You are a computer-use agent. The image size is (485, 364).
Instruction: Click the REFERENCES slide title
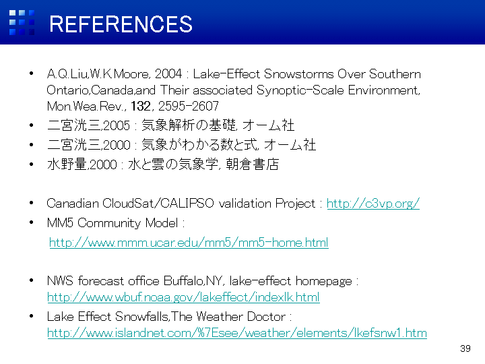coord(121,24)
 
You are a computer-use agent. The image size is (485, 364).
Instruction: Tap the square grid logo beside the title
coord(22,23)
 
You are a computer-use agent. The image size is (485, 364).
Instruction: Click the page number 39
coord(465,348)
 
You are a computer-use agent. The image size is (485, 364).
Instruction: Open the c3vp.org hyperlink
coord(373,204)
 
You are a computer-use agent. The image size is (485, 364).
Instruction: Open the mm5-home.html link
coord(189,243)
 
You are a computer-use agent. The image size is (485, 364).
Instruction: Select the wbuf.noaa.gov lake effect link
coord(183,297)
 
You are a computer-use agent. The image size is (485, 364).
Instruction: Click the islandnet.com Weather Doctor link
coord(237,333)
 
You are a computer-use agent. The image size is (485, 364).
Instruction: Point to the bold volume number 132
coord(141,107)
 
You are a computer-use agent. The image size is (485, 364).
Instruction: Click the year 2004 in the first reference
coord(168,74)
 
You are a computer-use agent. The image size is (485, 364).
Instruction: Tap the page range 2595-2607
coord(189,107)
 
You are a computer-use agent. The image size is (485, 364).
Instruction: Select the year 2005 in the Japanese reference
coord(117,125)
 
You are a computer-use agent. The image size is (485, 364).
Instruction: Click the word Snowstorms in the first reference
coord(299,74)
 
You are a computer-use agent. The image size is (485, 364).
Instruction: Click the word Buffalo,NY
coord(193,281)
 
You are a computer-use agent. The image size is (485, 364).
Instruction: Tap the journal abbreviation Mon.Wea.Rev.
coord(86,107)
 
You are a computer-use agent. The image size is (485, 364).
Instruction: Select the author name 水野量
coord(67,164)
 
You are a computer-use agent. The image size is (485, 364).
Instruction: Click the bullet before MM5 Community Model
coord(31,222)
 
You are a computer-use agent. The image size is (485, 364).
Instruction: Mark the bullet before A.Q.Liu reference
coord(31,73)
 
